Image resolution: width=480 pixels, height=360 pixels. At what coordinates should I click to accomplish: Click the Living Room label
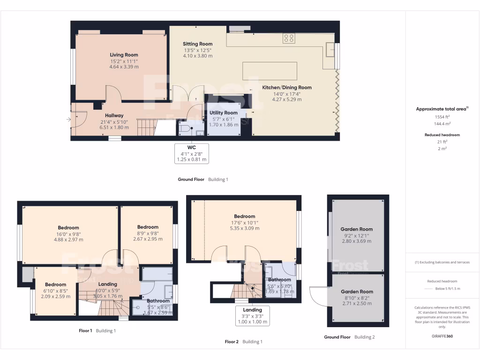pyautogui.click(x=124, y=55)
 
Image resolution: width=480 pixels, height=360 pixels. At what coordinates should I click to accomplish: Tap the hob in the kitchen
pyautogui.click(x=289, y=38)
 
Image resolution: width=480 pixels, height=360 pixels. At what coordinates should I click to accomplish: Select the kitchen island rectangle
pyautogui.click(x=270, y=71)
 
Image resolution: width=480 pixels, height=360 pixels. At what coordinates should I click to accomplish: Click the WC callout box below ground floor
pyautogui.click(x=191, y=153)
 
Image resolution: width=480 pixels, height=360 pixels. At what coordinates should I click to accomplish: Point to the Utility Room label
pyautogui.click(x=223, y=112)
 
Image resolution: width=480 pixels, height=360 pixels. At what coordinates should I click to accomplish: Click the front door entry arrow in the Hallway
pyautogui.click(x=69, y=120)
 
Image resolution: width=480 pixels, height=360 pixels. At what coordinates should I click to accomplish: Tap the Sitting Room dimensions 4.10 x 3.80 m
pyautogui.click(x=197, y=56)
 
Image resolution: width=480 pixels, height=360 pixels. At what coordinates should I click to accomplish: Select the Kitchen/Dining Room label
pyautogui.click(x=286, y=87)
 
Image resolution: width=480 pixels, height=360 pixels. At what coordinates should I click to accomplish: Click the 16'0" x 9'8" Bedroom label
pyautogui.click(x=68, y=228)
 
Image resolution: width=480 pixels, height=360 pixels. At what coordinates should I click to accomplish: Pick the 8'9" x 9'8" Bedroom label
pyautogui.click(x=148, y=227)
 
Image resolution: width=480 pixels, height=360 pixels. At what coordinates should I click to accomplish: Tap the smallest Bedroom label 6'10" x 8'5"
pyautogui.click(x=55, y=285)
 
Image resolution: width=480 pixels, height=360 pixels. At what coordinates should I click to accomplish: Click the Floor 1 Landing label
pyautogui.click(x=108, y=284)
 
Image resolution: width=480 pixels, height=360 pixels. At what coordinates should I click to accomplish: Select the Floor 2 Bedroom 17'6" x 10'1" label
pyautogui.click(x=244, y=217)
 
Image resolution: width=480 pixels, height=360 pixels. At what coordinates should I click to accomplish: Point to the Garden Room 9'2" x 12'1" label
pyautogui.click(x=357, y=229)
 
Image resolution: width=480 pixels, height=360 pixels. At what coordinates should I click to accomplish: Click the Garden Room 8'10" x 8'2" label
pyautogui.click(x=357, y=292)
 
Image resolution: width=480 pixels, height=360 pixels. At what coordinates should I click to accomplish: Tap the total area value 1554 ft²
pyautogui.click(x=442, y=116)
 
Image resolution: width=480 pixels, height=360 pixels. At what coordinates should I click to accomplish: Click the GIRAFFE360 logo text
pyautogui.click(x=442, y=336)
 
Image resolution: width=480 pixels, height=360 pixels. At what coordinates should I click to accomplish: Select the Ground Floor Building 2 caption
pyautogui.click(x=349, y=337)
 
